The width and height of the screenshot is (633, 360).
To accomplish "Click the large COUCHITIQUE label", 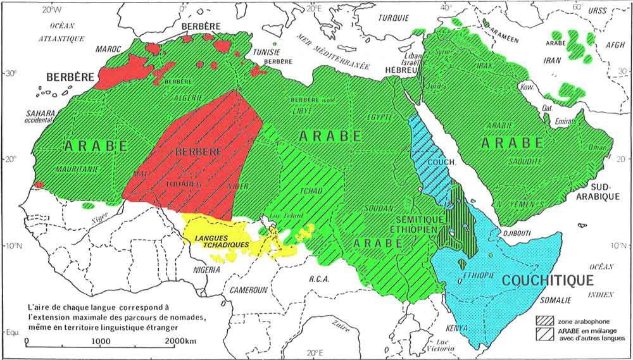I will click(x=548, y=280).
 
